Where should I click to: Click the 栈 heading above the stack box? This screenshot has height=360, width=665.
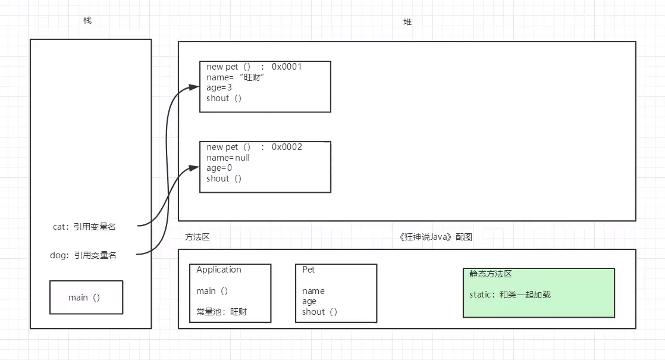click(87, 21)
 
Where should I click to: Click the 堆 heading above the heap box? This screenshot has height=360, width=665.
click(407, 22)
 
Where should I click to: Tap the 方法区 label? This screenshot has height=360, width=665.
click(197, 237)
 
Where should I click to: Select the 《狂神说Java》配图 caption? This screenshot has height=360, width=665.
click(436, 237)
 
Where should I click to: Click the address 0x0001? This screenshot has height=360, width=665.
click(287, 67)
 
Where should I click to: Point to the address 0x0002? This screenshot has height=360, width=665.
click(287, 147)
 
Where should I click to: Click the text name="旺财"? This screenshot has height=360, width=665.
click(236, 77)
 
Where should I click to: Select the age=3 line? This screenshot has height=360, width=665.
click(219, 87)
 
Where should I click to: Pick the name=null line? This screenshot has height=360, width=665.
click(228, 158)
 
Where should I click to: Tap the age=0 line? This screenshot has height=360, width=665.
click(219, 168)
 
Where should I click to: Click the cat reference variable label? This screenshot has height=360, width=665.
click(84, 226)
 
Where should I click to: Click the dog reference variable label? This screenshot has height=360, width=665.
click(83, 255)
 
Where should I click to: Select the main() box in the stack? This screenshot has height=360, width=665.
click(86, 298)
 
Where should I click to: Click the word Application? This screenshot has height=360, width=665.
click(219, 270)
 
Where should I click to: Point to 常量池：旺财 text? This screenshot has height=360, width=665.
click(221, 312)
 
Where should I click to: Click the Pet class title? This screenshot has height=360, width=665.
click(309, 270)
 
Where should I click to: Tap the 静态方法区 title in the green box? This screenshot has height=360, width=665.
click(491, 274)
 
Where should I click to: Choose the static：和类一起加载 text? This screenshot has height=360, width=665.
click(510, 295)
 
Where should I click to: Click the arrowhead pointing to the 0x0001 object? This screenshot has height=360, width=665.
click(194, 87)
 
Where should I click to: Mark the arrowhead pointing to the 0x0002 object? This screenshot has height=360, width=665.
click(194, 168)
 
